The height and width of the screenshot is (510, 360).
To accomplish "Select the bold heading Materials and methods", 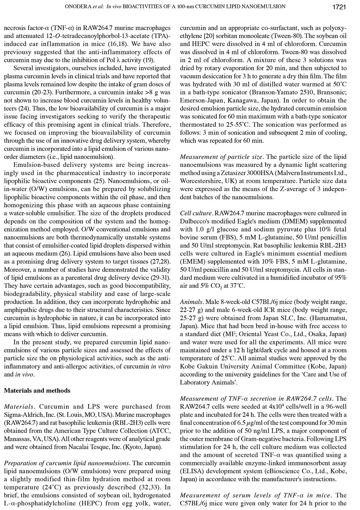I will coord(37,391).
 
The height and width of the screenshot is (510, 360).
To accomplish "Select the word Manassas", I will coord(17,439).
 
